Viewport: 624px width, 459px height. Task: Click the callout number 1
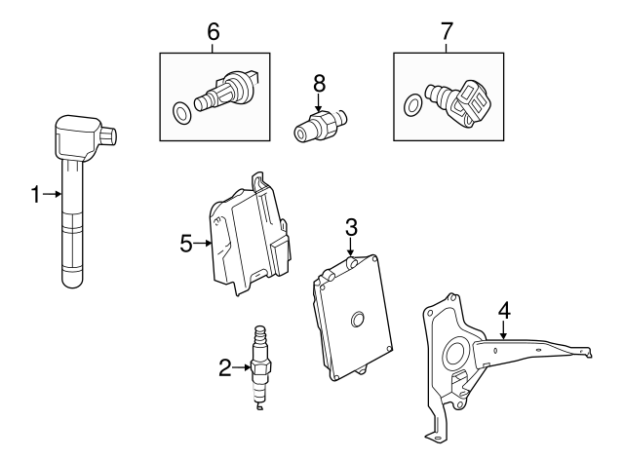pyautogui.click(x=35, y=195)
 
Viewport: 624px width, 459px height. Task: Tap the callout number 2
pyautogui.click(x=225, y=367)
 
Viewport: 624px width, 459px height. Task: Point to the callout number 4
pyautogui.click(x=504, y=311)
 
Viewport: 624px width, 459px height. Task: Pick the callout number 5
pyautogui.click(x=187, y=243)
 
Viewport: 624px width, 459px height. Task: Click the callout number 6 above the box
pyautogui.click(x=214, y=31)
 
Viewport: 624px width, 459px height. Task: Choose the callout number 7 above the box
pyautogui.click(x=447, y=31)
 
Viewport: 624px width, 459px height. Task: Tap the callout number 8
pyautogui.click(x=318, y=84)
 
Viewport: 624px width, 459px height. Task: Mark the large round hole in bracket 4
pyautogui.click(x=454, y=353)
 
